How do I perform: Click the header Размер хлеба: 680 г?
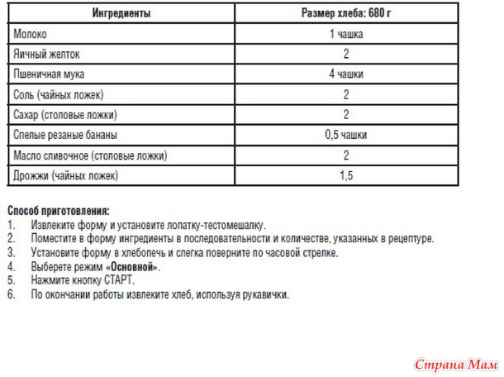point(345,14)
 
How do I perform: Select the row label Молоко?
point(31,35)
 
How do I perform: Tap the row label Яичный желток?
point(48,55)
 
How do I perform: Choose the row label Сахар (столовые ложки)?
point(66,114)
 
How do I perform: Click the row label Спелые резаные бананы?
point(65,135)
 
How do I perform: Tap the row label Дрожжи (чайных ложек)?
point(66,175)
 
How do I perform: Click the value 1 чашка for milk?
point(346,35)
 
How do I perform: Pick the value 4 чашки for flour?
point(346,74)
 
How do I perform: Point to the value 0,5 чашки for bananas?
point(346,135)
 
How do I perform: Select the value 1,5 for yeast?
point(346,175)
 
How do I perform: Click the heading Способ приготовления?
point(58,212)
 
